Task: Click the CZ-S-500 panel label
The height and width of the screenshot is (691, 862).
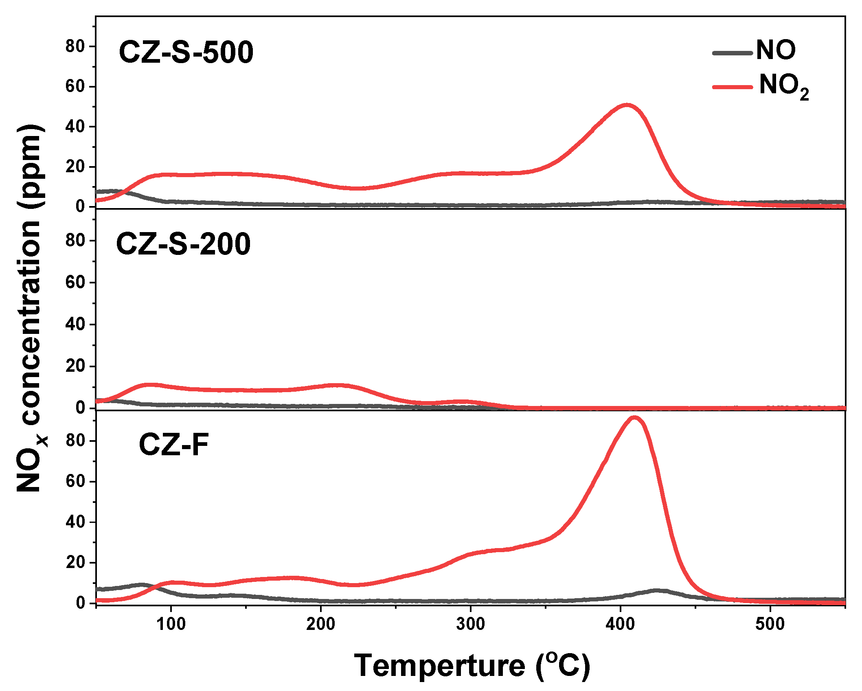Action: tap(186, 53)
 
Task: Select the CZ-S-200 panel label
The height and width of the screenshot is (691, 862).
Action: tap(183, 244)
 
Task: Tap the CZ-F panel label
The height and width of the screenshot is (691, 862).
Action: tap(173, 445)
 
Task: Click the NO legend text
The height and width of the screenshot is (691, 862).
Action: tap(776, 50)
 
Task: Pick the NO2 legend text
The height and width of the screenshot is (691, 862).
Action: tap(783, 86)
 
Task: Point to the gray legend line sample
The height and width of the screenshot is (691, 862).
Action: tap(732, 53)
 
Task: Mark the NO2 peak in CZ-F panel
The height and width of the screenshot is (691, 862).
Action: tap(634, 418)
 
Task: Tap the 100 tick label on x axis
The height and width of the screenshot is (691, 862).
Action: tap(171, 624)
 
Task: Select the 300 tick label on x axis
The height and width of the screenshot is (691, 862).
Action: tap(471, 624)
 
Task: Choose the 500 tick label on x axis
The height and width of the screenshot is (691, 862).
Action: tap(770, 624)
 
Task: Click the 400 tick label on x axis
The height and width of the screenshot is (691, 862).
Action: tap(620, 624)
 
